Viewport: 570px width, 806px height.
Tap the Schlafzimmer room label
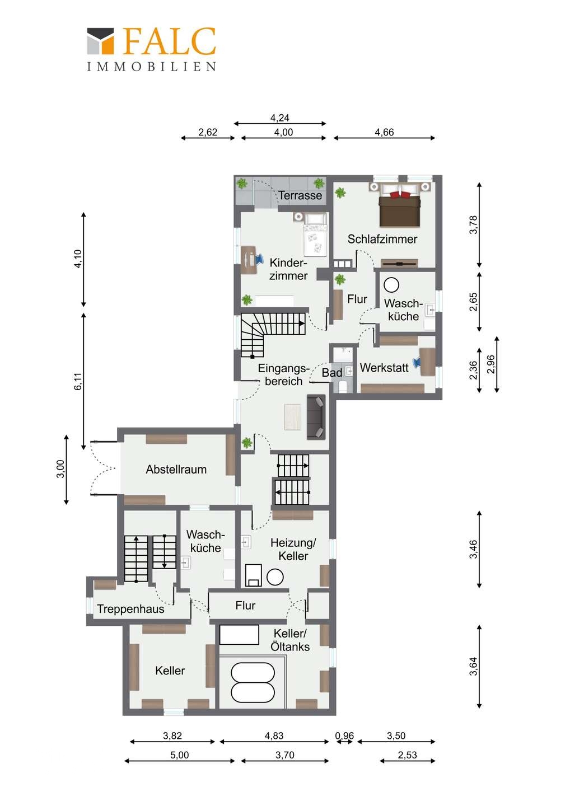[x=382, y=239]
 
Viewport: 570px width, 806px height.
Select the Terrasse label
[x=300, y=195]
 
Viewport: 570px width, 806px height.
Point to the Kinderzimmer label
[x=288, y=269]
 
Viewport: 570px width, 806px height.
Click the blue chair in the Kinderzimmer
[x=259, y=259]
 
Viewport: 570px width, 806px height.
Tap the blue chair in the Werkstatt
[x=418, y=362]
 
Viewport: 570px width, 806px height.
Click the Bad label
[x=331, y=373]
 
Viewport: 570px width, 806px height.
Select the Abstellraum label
[x=176, y=469]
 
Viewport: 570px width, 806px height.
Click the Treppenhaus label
[x=130, y=609]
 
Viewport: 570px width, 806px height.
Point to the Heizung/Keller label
[x=293, y=549]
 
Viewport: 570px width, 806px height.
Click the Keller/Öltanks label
[x=290, y=640]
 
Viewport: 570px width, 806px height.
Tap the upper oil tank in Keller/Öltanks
[x=253, y=672]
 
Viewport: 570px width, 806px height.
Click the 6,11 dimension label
[x=78, y=381]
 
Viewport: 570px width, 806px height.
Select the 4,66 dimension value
[x=384, y=133]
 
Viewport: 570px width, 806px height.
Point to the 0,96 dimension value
[x=344, y=736]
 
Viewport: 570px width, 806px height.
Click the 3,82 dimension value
[x=172, y=736]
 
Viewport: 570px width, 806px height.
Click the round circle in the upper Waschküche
[x=391, y=285]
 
